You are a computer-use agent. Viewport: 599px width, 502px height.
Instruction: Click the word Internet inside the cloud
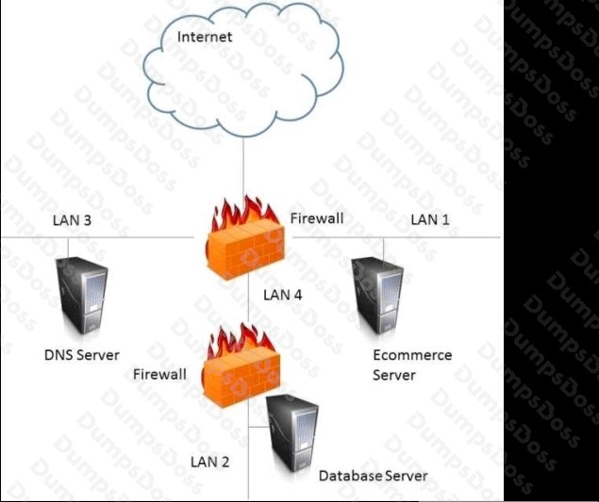tap(205, 37)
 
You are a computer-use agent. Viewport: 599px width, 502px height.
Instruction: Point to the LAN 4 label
tap(283, 295)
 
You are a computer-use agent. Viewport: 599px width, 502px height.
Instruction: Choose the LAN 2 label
tap(210, 462)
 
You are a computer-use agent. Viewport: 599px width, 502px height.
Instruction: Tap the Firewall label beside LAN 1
tap(317, 219)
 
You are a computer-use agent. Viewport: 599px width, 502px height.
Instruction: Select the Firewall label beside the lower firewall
tap(159, 374)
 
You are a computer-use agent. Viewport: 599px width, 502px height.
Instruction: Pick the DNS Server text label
tap(82, 355)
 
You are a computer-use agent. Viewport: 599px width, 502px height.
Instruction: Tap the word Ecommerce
tap(412, 355)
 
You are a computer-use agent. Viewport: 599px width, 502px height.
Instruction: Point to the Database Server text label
tap(373, 476)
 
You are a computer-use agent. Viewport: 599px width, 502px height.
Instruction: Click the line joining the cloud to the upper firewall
tap(244, 170)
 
